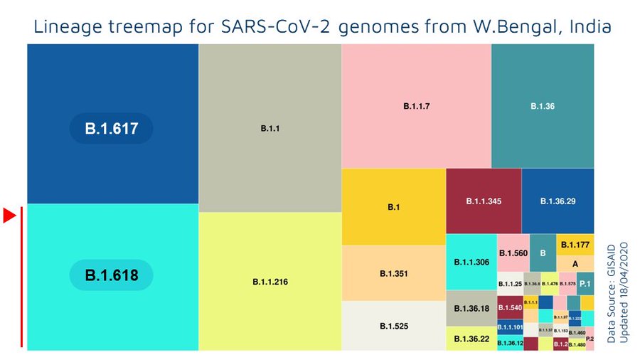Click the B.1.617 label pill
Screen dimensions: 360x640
(x=111, y=129)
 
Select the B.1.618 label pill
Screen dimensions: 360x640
(x=111, y=275)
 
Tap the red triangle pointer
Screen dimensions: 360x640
(x=9, y=216)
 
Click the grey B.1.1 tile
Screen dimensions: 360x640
(x=270, y=128)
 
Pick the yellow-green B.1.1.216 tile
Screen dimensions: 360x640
(x=270, y=282)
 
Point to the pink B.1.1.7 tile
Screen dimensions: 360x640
(x=416, y=106)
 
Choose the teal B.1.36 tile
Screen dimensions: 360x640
(x=543, y=106)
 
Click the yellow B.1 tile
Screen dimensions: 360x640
(x=393, y=207)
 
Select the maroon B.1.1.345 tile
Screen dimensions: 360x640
(x=484, y=201)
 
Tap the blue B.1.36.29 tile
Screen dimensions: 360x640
(x=558, y=201)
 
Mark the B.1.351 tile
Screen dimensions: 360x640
(x=393, y=273)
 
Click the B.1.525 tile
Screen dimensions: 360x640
(x=393, y=326)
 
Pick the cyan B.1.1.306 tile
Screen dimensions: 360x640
(x=471, y=262)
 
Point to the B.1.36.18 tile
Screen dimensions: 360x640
(x=471, y=308)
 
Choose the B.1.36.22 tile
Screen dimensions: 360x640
(x=471, y=339)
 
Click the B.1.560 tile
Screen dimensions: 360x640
(x=513, y=253)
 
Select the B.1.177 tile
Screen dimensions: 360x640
(x=575, y=245)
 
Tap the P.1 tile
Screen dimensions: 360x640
(x=585, y=284)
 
